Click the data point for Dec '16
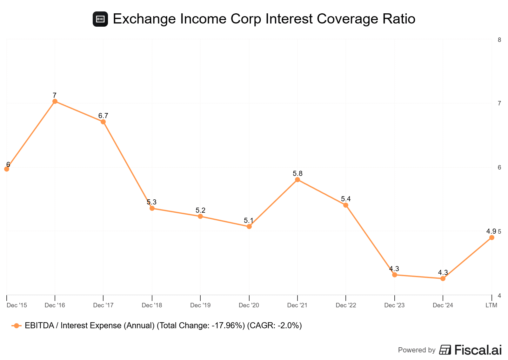click(55, 101)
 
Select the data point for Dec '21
click(297, 180)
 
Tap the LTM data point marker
click(491, 237)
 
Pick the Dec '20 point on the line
click(249, 226)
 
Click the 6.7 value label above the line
click(103, 116)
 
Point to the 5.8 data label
click(297, 174)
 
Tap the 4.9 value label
click(491, 231)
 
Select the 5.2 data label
click(200, 210)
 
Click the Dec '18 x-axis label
click(152, 305)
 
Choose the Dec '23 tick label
click(394, 305)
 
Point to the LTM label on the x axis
click(491, 305)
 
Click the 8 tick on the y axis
click(499, 40)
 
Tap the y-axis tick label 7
click(499, 103)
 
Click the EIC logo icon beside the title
click(100, 19)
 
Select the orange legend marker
click(16, 326)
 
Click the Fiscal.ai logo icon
click(445, 350)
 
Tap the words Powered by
click(417, 350)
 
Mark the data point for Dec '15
click(7, 169)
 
